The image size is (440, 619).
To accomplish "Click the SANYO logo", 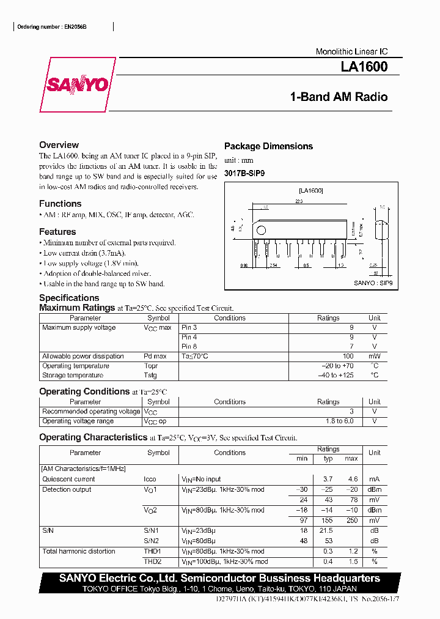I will [x=77, y=86].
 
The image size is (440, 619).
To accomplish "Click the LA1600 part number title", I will [x=364, y=67].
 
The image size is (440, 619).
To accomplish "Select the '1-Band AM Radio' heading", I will [x=339, y=97].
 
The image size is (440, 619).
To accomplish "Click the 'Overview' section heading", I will [x=59, y=145].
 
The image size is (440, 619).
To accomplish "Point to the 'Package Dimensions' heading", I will [x=268, y=146].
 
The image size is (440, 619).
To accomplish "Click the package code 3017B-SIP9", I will [x=244, y=173].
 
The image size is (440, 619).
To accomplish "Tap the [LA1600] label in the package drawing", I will [x=310, y=191].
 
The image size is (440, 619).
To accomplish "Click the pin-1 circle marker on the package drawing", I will [x=261, y=231].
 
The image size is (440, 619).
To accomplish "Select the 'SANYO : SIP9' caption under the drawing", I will [x=373, y=283].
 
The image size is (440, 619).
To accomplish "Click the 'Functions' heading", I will [x=60, y=204].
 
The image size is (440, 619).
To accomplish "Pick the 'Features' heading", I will [x=57, y=232].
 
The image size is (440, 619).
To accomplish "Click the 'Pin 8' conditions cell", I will [x=189, y=346].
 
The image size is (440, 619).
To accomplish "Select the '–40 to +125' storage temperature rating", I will [x=335, y=375].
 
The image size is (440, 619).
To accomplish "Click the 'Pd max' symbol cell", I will [x=155, y=356].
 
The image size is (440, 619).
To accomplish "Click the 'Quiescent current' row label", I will [x=68, y=479].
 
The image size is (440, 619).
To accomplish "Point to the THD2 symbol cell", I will [x=152, y=561].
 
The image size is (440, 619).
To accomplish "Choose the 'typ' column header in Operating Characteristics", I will [x=328, y=458].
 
